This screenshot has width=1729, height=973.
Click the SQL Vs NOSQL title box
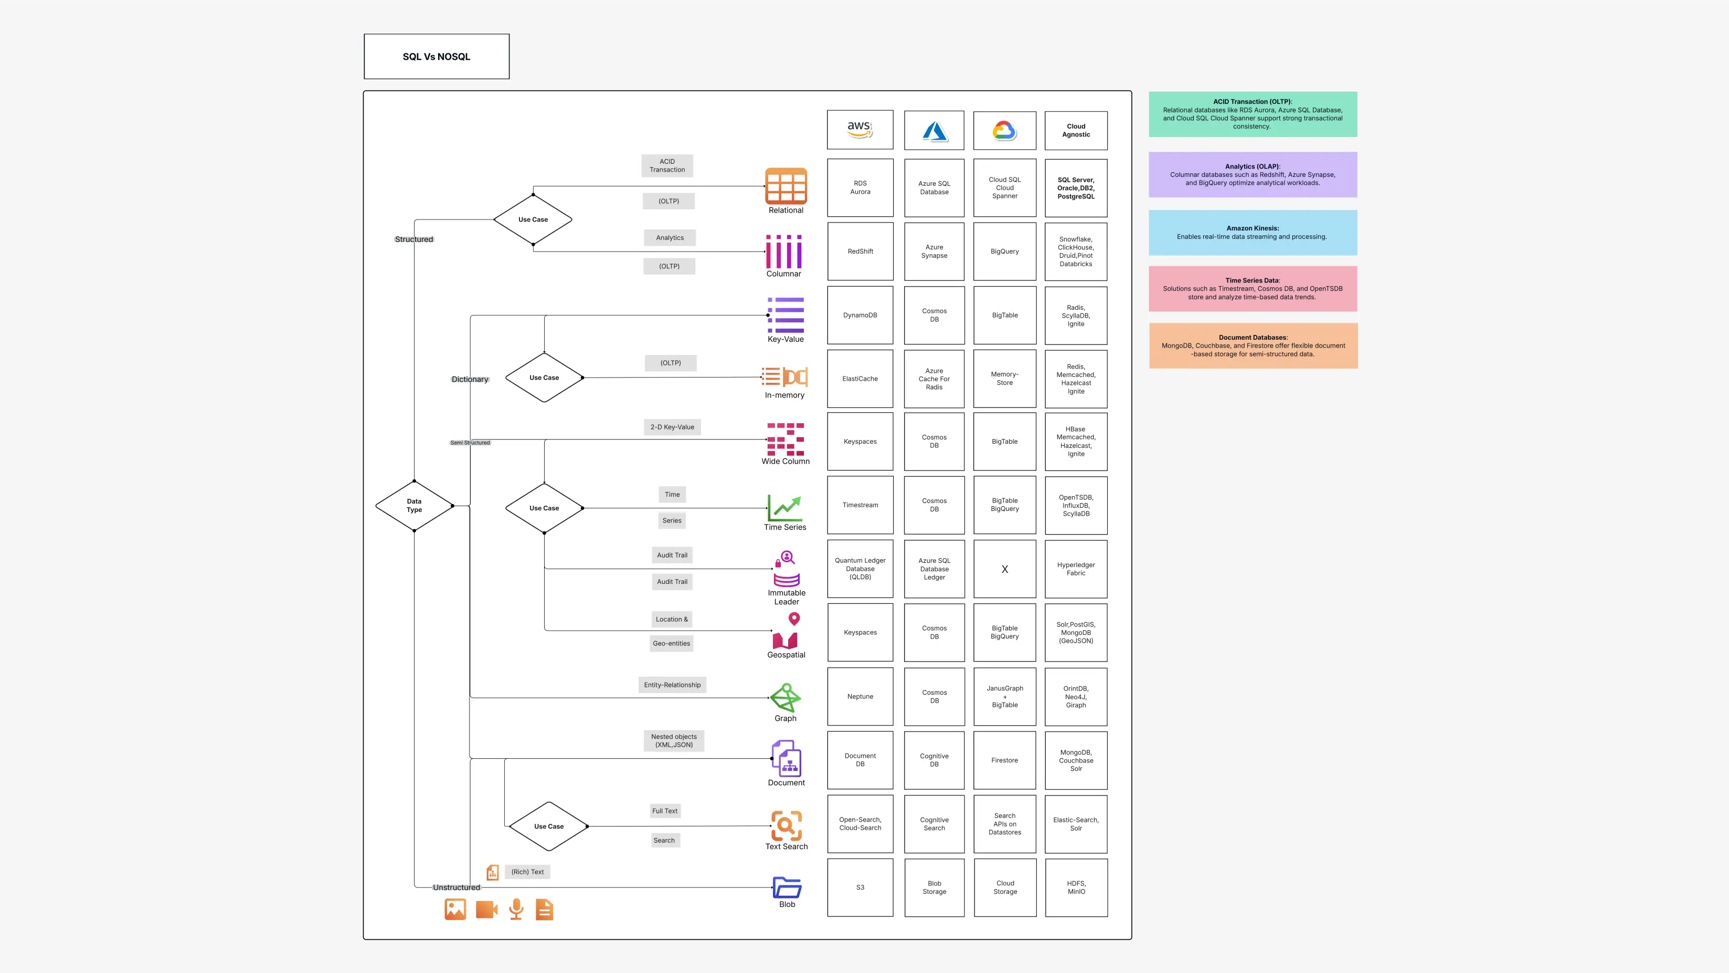436,56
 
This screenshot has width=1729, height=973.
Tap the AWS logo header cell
860,130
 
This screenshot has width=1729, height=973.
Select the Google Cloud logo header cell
1004,130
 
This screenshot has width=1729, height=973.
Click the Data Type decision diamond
414,506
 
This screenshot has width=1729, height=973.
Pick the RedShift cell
860,251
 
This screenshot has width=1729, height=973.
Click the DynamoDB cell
860,315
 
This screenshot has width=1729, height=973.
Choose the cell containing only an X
1004,569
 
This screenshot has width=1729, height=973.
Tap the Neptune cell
860,696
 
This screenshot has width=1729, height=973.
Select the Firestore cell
1004,760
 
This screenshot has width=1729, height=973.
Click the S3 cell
860,887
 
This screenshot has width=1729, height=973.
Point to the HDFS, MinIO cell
1076,887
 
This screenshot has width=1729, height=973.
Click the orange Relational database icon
786,186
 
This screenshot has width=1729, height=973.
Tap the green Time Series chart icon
784,508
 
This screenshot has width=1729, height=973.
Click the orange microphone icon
515,909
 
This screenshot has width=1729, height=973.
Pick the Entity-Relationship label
672,685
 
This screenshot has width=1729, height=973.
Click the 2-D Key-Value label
672,427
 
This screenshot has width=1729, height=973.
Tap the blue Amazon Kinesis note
1252,232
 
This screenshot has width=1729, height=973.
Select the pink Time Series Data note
1252,289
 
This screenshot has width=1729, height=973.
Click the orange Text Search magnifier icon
786,825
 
